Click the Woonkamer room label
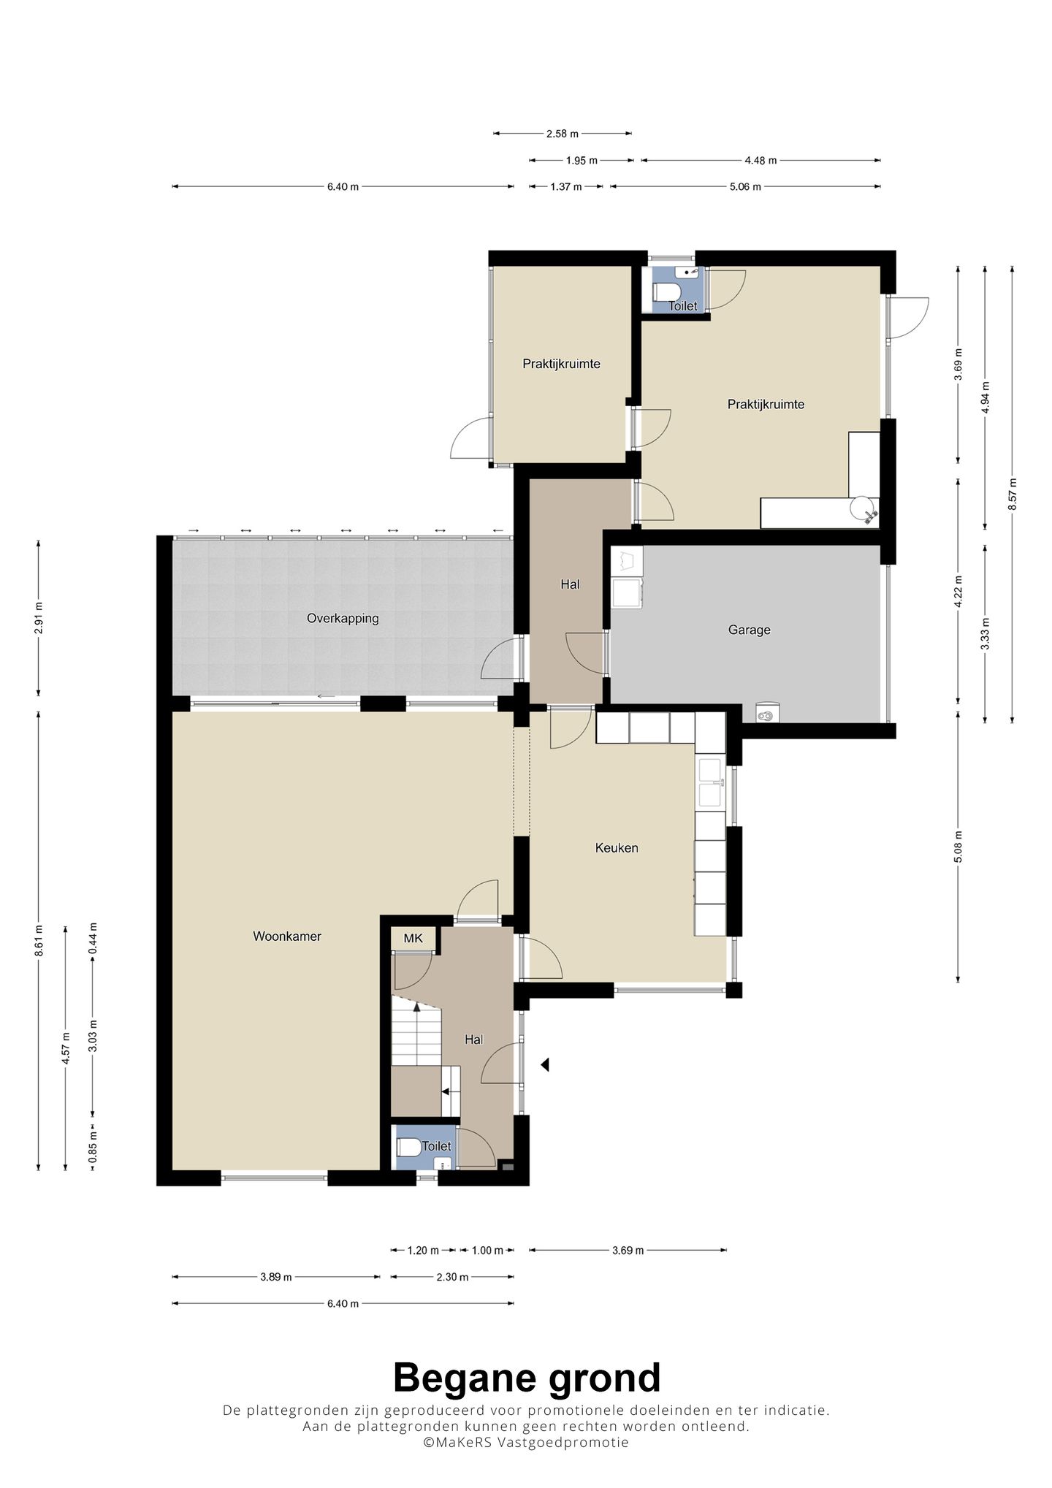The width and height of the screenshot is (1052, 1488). tap(287, 936)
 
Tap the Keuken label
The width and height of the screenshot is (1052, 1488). tap(617, 847)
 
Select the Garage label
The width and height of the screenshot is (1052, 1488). tap(749, 630)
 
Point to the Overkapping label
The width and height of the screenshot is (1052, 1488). tap(343, 618)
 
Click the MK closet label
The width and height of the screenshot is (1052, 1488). tap(413, 939)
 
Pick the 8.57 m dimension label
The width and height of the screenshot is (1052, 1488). tap(1012, 495)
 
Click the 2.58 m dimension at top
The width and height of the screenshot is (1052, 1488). tap(563, 134)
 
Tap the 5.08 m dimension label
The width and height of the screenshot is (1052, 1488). tap(958, 847)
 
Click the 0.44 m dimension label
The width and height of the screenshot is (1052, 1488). tap(93, 939)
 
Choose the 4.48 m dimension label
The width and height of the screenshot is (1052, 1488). tap(761, 160)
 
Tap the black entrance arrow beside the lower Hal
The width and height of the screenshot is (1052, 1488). tap(544, 1065)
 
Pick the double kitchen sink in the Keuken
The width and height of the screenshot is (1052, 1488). tap(711, 782)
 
